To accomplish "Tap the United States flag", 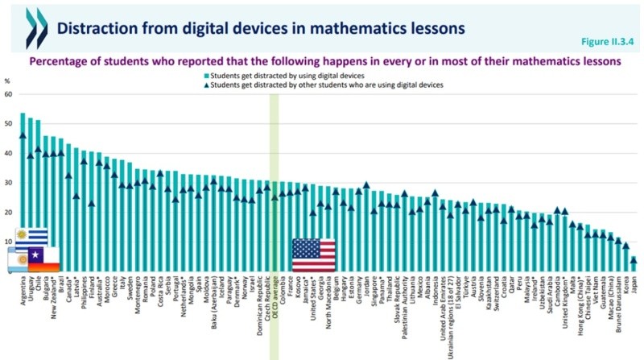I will [316, 255].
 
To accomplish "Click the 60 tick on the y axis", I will [9, 94].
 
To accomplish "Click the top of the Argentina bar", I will [23, 114].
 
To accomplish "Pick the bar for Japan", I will [634, 266].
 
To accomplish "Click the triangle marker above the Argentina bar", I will [23, 135].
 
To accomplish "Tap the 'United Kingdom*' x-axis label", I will [563, 302].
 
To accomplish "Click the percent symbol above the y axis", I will [7, 81].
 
